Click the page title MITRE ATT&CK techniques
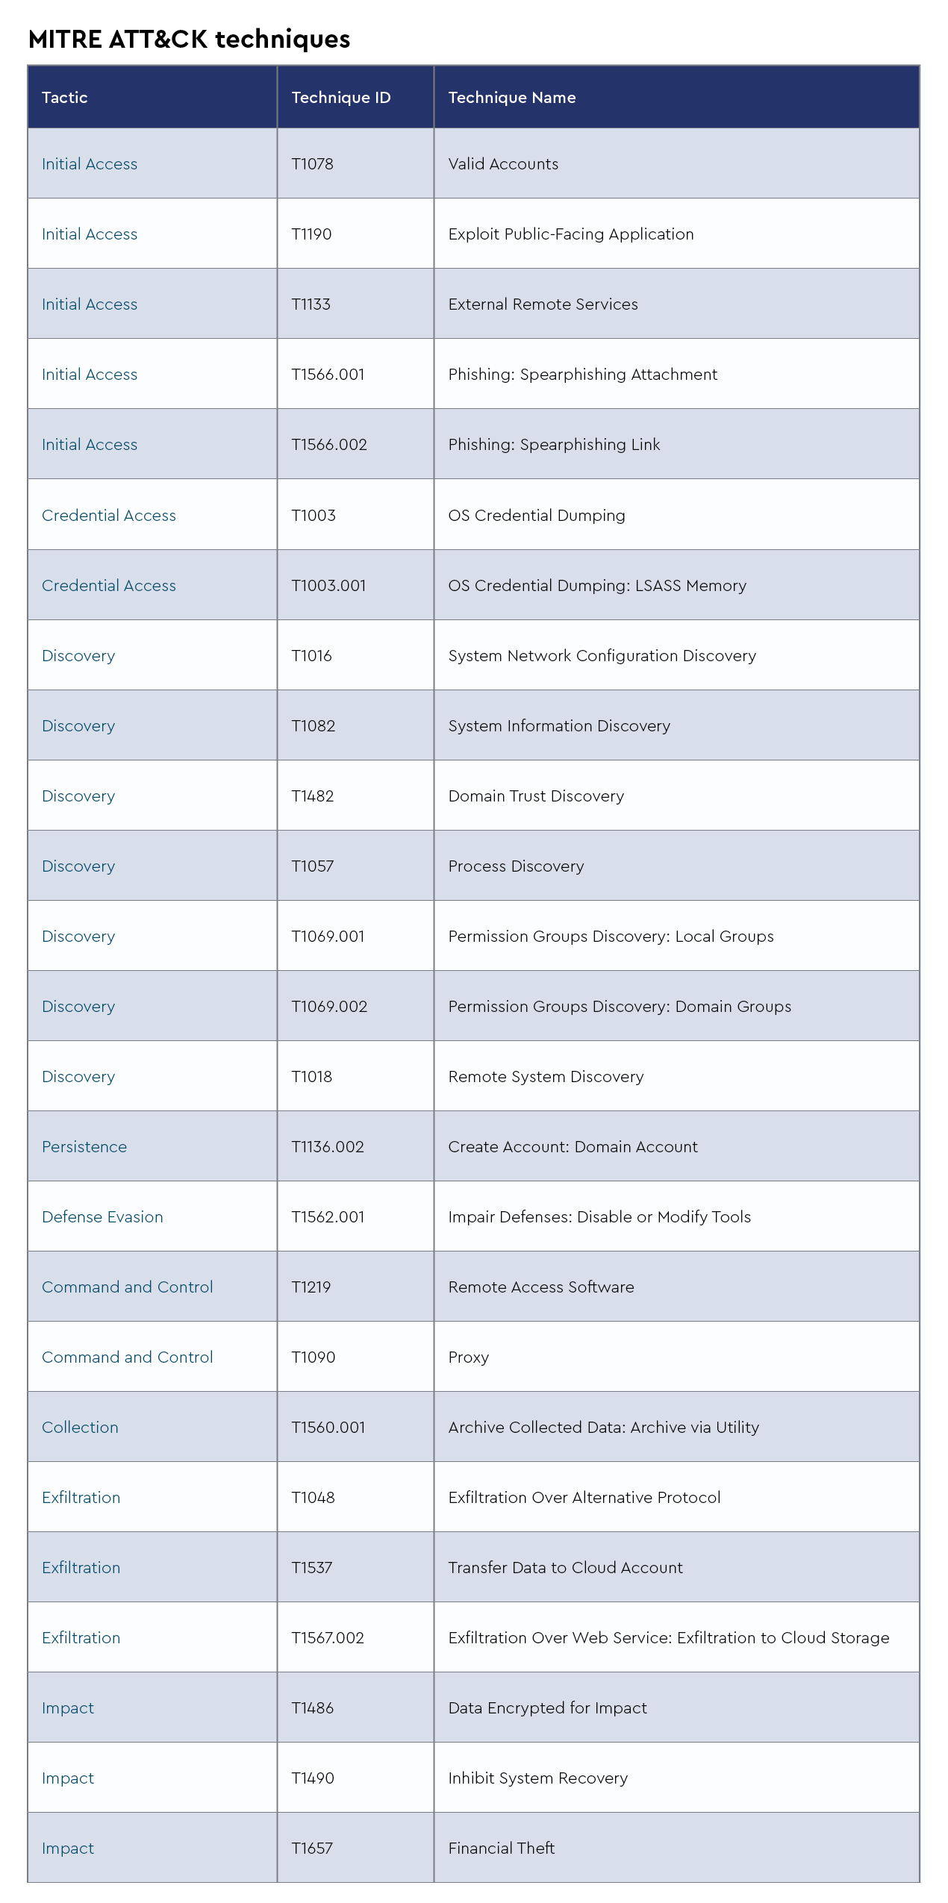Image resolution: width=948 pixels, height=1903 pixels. [189, 39]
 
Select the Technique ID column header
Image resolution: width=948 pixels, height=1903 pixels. [340, 98]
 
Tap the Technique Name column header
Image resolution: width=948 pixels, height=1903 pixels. [511, 98]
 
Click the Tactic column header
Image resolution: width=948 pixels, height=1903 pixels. [65, 98]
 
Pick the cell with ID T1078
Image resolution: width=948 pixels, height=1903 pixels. [312, 164]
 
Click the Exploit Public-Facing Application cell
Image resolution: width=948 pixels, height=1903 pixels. [570, 234]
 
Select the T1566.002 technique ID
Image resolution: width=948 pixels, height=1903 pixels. [329, 445]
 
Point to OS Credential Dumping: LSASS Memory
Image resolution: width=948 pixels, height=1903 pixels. [596, 586]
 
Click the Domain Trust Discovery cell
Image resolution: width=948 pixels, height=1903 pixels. [535, 796]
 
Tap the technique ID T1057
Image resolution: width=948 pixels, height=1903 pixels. [312, 866]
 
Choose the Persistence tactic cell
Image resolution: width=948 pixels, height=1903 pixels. [84, 1147]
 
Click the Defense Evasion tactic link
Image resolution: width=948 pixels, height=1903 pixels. [102, 1217]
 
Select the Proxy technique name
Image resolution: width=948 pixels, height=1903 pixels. [468, 1357]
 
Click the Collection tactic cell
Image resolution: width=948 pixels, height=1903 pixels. [80, 1428]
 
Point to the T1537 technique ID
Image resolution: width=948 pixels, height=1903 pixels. [311, 1568]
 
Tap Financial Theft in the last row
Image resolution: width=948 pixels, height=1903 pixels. [501, 1849]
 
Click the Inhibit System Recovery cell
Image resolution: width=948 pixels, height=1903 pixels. [537, 1778]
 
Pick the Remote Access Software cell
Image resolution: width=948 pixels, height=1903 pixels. [540, 1287]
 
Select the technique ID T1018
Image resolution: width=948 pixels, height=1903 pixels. [311, 1077]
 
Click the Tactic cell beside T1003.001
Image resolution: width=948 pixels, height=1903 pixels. [109, 586]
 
